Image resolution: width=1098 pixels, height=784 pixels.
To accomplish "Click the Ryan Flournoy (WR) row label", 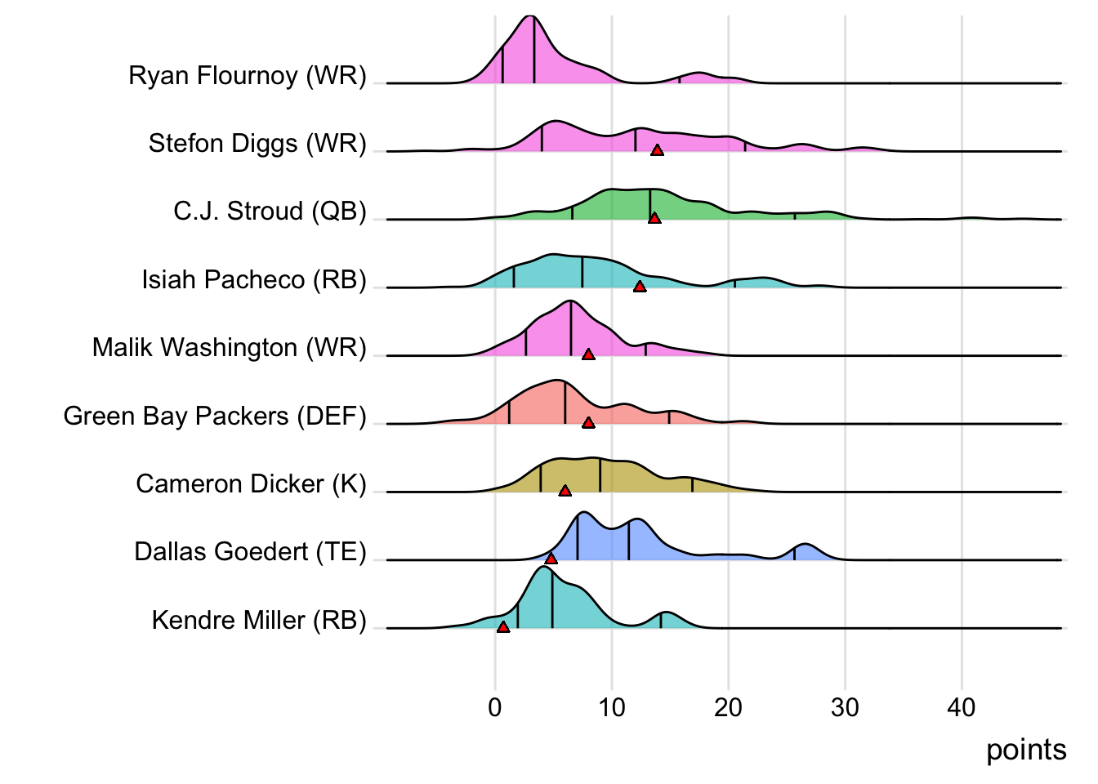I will (248, 76).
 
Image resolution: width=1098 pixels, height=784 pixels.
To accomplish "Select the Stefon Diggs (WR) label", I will (257, 144).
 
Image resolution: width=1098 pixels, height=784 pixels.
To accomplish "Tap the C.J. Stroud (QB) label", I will (270, 212).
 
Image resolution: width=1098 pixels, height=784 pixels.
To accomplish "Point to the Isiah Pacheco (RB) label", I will (254, 280).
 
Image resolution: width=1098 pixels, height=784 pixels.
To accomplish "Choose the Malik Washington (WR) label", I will (229, 348).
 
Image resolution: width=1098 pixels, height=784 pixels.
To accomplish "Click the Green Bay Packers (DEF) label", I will (215, 416).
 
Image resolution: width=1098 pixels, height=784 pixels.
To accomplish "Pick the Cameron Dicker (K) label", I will (251, 484).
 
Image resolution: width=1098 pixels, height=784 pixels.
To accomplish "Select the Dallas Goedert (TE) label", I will (250, 552).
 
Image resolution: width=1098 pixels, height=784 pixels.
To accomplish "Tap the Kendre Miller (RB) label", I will (259, 621).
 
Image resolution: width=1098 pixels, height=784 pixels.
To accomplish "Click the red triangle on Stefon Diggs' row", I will (657, 150).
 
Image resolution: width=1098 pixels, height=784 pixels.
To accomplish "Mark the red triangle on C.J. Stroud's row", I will (654, 218).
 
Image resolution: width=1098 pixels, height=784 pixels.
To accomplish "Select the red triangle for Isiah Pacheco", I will (640, 287).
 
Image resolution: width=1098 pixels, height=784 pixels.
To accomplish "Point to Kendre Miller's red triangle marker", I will (503, 627).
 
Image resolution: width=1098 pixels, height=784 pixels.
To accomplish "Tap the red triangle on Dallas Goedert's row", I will (551, 559).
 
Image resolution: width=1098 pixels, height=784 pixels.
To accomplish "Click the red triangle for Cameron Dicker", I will (565, 491).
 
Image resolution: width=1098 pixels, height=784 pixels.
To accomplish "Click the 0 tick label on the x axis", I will (495, 707).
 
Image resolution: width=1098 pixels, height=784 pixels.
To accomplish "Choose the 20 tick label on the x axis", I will (728, 707).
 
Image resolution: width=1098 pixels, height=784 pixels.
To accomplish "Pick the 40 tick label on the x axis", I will (962, 707).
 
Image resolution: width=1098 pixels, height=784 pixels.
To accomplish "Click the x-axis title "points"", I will (1026, 750).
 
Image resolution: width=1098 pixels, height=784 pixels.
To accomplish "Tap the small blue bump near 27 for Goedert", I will (806, 551).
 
